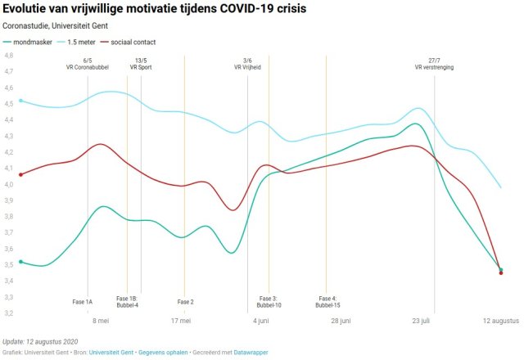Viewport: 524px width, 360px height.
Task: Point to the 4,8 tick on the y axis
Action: point(9,56)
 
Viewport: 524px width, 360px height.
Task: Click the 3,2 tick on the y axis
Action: point(9,313)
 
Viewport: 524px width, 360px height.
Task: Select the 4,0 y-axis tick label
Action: point(9,184)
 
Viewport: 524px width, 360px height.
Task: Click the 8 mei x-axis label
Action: point(101,322)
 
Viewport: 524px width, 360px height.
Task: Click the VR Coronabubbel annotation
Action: point(88,69)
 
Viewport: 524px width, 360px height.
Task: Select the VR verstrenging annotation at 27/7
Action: point(434,69)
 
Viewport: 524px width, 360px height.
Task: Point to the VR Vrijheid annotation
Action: point(247,69)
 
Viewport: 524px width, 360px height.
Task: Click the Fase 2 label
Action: point(185,302)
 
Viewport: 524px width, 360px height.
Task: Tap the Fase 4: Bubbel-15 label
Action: point(327,302)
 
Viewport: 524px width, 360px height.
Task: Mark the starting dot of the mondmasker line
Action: point(20,262)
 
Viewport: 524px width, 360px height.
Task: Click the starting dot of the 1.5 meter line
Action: point(20,101)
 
